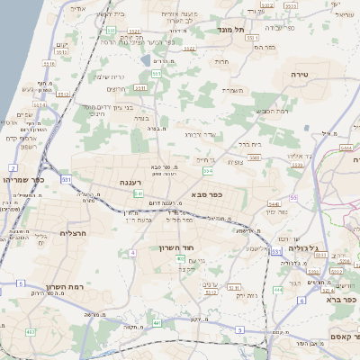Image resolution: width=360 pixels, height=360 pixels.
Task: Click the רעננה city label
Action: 131,182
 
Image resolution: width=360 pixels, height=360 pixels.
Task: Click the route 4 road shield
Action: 131,253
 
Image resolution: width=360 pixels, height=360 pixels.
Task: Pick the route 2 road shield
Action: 13,168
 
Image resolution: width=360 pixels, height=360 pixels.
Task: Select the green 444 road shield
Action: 277,290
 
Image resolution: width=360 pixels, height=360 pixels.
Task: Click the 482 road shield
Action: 30,332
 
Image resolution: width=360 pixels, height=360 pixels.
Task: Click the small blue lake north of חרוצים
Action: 145,61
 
